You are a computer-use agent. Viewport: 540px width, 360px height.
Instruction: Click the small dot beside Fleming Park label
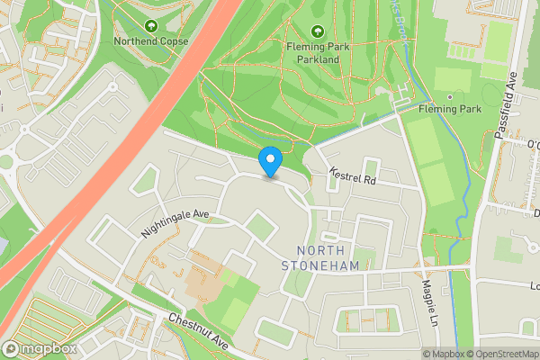pos(448,96)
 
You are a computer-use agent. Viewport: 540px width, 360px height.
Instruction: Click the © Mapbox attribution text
pos(445,353)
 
